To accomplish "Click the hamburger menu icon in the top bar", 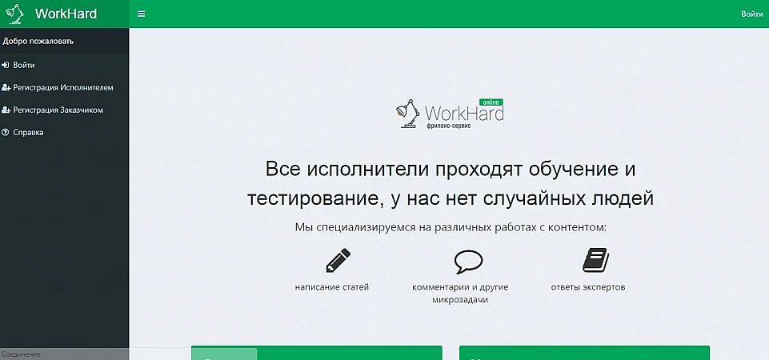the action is [x=142, y=14].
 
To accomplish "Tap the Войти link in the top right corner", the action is [x=752, y=14].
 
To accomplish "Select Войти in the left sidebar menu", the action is [x=23, y=65].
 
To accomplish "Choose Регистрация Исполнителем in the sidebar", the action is [x=63, y=87].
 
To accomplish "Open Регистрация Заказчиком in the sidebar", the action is [x=58, y=110].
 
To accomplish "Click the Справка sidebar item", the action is [x=28, y=133].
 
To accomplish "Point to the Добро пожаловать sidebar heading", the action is [x=38, y=41].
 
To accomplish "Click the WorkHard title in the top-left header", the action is [x=66, y=14].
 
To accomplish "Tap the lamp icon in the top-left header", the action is [x=14, y=14].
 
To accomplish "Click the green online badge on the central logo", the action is [x=491, y=102].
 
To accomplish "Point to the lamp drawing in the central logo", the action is [x=408, y=114].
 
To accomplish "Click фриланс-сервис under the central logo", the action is [x=450, y=126].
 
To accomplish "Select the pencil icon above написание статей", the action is [x=338, y=261].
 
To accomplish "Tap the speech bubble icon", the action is [x=468, y=262].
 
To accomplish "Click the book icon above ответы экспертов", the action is [x=595, y=260].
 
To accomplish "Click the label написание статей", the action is [x=332, y=287].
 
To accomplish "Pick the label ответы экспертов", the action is [x=588, y=287].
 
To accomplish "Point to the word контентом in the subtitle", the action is [x=575, y=227].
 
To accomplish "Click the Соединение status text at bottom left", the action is [x=21, y=354].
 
